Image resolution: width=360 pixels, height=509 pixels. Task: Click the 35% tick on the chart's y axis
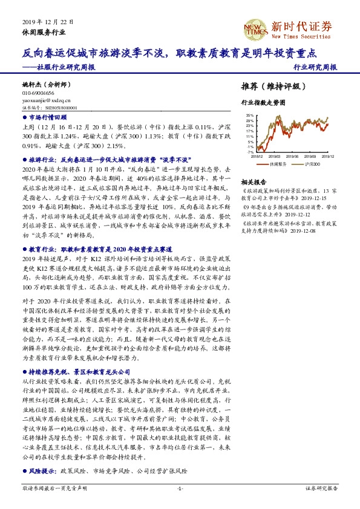coord(250,114)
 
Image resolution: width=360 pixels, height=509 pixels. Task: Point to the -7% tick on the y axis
coord(250,152)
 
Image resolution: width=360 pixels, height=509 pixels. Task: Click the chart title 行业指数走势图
coord(263,103)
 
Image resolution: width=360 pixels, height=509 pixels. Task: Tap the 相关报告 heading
coord(254,181)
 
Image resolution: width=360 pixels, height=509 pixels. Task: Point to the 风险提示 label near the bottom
coord(42,470)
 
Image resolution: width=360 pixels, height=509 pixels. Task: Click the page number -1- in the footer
coord(180,488)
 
